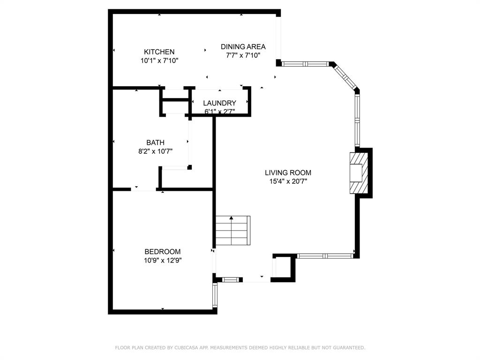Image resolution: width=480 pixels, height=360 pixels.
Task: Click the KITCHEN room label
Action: pyautogui.click(x=159, y=52)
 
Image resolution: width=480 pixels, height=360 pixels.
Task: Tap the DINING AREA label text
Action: pyautogui.click(x=243, y=46)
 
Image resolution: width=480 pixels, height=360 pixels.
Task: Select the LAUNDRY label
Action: pyautogui.click(x=219, y=103)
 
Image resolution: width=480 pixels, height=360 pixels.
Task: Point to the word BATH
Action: pyautogui.click(x=155, y=142)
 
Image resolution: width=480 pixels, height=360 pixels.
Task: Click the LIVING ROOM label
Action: pyautogui.click(x=288, y=172)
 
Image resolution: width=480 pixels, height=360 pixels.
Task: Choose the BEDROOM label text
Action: pyautogui.click(x=162, y=252)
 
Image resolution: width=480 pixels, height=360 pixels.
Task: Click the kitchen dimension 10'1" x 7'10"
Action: pyautogui.click(x=159, y=60)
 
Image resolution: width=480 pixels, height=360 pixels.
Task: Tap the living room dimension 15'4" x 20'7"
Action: pyautogui.click(x=288, y=181)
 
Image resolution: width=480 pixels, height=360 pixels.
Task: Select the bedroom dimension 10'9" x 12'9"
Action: pyautogui.click(x=162, y=260)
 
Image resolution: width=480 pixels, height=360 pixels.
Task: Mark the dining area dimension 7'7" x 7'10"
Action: pyautogui.click(x=243, y=55)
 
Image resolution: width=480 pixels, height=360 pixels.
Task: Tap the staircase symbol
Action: pyautogui.click(x=232, y=231)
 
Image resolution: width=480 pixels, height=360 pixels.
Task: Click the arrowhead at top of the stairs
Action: pyautogui.click(x=231, y=218)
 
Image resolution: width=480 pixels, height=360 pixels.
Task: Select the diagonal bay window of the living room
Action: pyautogui.click(x=345, y=76)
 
